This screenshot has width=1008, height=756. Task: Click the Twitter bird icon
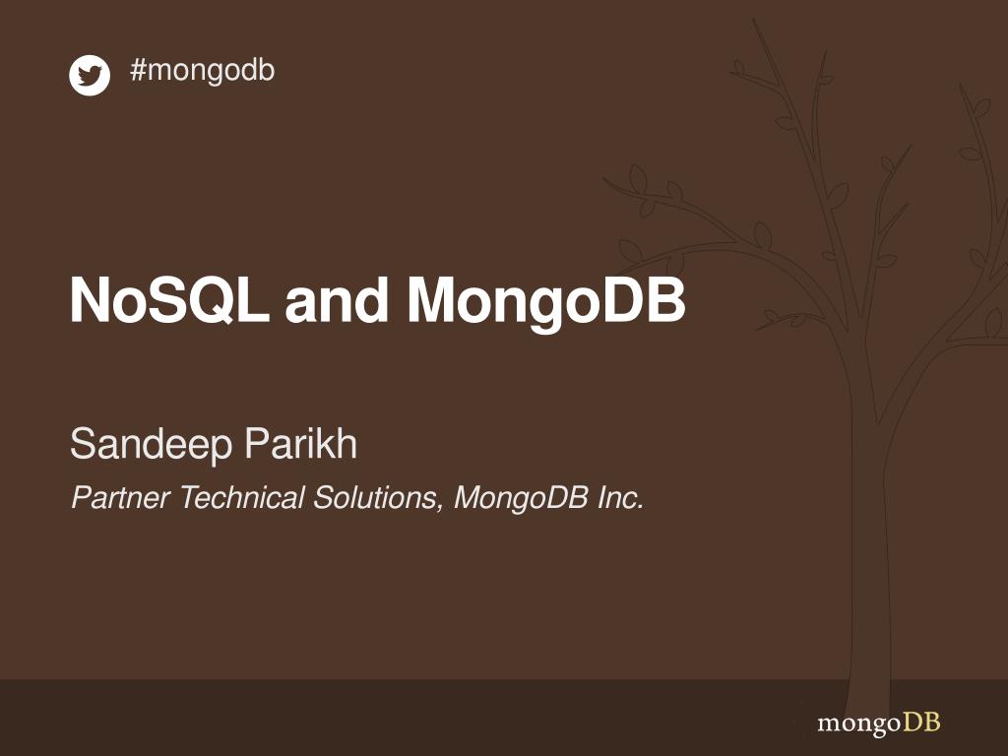[x=90, y=76]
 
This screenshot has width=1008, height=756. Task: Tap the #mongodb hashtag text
[x=202, y=71]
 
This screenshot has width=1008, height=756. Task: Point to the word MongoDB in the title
[x=546, y=302]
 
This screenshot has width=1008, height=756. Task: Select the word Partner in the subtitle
[x=122, y=498]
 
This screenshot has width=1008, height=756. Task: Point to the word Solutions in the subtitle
[x=375, y=498]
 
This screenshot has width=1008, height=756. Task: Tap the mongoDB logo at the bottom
[x=878, y=724]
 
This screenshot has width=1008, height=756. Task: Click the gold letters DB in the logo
[x=922, y=723]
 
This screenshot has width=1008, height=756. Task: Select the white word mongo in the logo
[x=858, y=724]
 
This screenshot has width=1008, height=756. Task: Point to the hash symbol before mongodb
[x=137, y=71]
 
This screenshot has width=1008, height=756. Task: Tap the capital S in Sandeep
[x=82, y=445]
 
